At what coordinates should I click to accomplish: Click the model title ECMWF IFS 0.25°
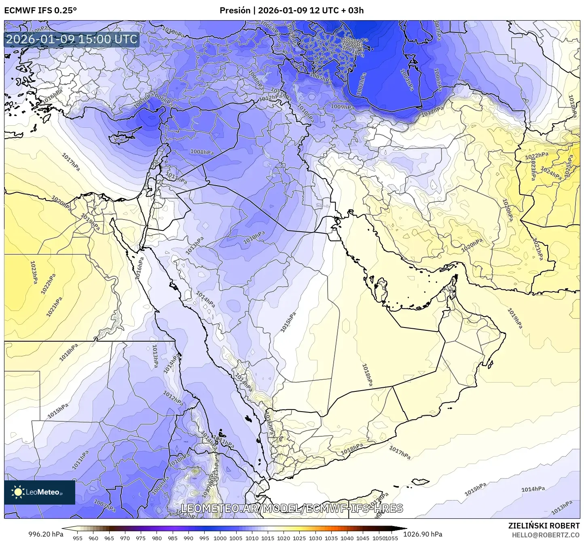pyautogui.click(x=40, y=10)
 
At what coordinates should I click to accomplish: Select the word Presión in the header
pyautogui.click(x=235, y=10)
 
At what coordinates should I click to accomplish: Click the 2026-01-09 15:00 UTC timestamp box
pyautogui.click(x=72, y=39)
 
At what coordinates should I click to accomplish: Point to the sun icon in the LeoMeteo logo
pyautogui.click(x=18, y=492)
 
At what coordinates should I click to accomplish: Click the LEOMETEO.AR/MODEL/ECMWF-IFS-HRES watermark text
pyautogui.click(x=292, y=508)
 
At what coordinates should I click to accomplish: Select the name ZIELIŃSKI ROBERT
pyautogui.click(x=544, y=526)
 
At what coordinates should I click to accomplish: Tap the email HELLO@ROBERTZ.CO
pyautogui.click(x=546, y=535)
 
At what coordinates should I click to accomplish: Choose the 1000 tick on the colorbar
pyautogui.click(x=220, y=538)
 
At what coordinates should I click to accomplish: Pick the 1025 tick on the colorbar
pyautogui.click(x=299, y=538)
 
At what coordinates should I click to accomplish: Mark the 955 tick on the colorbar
pyautogui.click(x=77, y=538)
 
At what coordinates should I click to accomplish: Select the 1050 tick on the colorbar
pyautogui.click(x=379, y=538)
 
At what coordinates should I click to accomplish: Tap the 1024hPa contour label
pyautogui.click(x=551, y=173)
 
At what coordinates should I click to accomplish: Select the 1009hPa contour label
pyautogui.click(x=342, y=107)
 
